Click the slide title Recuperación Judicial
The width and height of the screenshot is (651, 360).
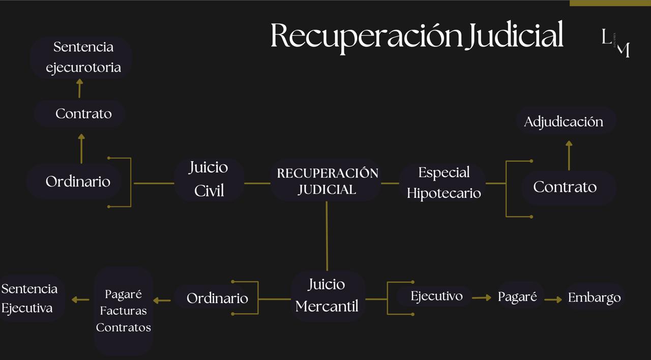(417, 36)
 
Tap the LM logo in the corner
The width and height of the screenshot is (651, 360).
(616, 43)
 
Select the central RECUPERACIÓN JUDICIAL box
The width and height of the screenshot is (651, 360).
(327, 181)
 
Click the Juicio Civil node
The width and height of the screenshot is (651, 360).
(209, 179)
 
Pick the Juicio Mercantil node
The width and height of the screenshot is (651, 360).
(327, 295)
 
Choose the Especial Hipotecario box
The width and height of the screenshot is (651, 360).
(443, 183)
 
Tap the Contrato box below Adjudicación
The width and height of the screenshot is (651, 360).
(565, 187)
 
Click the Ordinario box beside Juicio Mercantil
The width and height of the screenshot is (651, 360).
(217, 298)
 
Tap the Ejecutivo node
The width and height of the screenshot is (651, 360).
(436, 296)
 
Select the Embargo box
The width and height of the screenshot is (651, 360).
(594, 297)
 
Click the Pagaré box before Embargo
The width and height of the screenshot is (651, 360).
(517, 297)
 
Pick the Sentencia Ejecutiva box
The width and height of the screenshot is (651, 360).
(29, 298)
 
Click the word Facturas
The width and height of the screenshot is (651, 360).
(124, 311)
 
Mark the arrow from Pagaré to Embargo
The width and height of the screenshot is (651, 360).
(553, 300)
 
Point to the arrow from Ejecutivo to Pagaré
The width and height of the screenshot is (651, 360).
(481, 297)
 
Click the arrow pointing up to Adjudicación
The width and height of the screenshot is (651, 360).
(569, 155)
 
